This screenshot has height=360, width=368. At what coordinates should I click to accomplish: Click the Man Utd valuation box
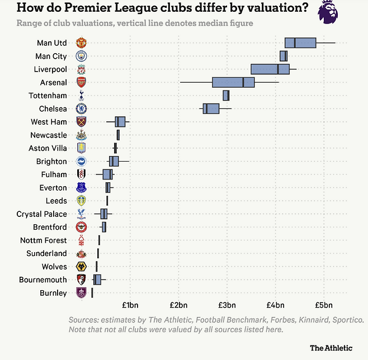pos(300,42)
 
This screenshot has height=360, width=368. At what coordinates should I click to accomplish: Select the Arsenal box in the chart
pos(233,82)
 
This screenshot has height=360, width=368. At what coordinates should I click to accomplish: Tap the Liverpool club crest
pos(81,69)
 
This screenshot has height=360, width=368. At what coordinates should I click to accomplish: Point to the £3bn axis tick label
pos(227,305)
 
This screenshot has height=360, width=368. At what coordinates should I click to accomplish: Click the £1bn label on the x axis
pos(130,305)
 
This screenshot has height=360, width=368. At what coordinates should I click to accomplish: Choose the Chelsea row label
pos(53,109)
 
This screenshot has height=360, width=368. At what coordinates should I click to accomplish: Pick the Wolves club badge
pos(81,267)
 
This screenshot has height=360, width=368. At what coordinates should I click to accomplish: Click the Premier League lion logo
pos(328,12)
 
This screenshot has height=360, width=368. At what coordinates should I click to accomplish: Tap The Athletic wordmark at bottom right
pos(331,348)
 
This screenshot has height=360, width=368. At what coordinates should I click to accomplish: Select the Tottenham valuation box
pos(226,96)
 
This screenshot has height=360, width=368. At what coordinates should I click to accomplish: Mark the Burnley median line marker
pos(92,293)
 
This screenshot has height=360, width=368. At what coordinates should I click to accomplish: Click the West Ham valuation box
pos(120,122)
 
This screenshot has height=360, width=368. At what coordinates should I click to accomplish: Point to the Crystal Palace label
pos(41,214)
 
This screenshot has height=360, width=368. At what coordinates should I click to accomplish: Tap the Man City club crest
pos(81,56)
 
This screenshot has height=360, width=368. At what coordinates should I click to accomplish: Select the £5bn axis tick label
pos(324,305)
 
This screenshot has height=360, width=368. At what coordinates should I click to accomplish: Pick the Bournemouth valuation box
pos(97,280)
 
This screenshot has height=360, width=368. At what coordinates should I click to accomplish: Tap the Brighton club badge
pos(81,162)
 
